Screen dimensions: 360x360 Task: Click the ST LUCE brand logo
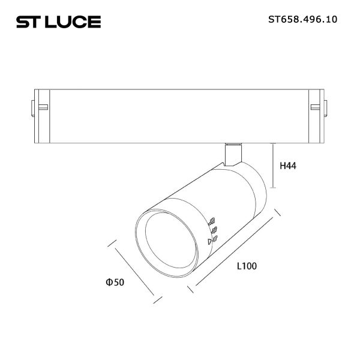pos(58,22)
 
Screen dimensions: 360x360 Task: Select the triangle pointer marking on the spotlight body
pos(209,241)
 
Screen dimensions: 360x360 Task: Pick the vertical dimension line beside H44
pos(273,166)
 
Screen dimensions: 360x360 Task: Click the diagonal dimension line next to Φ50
pos(134,269)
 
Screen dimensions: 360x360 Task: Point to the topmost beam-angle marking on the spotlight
pos(212,220)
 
